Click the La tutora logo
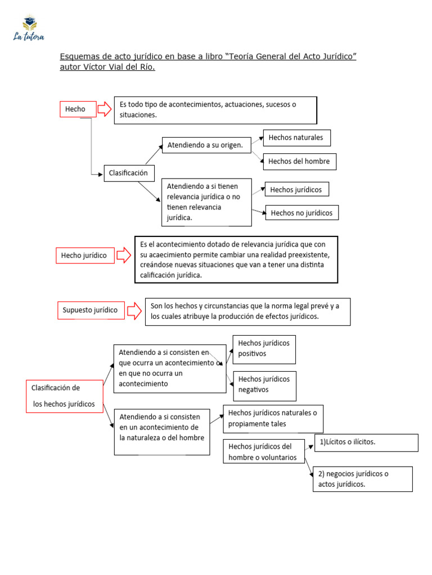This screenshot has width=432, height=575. point(29,29)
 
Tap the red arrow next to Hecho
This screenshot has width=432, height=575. point(105,109)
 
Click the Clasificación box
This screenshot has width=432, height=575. point(129,173)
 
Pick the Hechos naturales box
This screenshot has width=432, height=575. point(296,138)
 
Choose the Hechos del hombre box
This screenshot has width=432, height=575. point(299,162)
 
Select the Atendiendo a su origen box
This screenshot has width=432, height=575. point(206,145)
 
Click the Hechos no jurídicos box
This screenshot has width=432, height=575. point(302,213)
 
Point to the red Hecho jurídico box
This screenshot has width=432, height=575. point(84,255)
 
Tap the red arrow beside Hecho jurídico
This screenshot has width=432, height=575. point(124,255)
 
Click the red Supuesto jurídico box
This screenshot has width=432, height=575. point(91,310)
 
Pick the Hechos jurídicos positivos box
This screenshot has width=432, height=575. point(264,349)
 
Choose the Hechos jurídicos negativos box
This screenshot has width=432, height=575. point(264,385)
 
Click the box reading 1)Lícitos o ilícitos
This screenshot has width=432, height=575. point(366,442)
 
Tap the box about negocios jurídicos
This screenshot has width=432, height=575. point(362,479)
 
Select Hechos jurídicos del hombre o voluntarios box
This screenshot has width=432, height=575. point(264,452)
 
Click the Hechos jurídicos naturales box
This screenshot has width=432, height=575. point(273,418)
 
